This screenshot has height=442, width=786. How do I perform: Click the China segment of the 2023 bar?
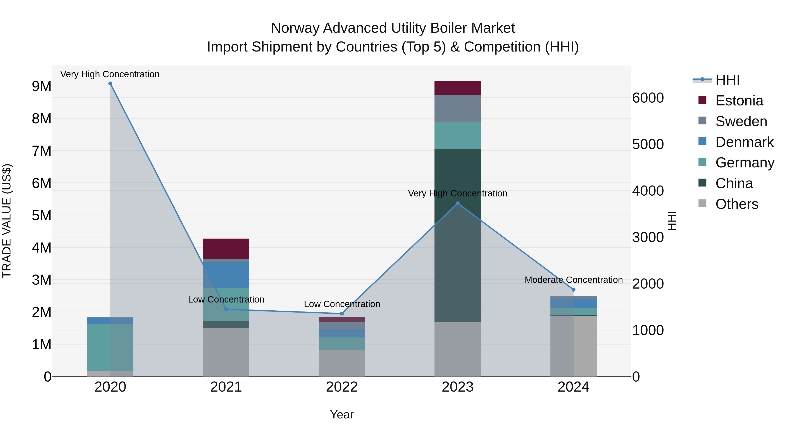coord(457,235)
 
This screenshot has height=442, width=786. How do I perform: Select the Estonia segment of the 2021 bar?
coord(226,248)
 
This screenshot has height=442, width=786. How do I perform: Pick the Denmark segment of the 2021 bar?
coord(226,275)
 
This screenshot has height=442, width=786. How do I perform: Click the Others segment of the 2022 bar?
coord(342,363)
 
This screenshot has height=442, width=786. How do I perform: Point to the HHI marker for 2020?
coord(110,84)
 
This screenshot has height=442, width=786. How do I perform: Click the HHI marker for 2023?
coord(457,203)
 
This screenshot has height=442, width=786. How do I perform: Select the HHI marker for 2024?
coord(573,289)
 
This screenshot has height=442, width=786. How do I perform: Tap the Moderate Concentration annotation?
coord(573,280)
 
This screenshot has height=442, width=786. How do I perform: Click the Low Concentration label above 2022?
coord(342,304)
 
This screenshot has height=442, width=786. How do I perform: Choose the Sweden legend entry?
coord(741,121)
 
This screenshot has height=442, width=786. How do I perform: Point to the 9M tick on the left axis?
coord(41,86)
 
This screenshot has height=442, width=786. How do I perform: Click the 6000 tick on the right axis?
coord(648,98)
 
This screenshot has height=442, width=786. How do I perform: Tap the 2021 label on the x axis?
coord(226,387)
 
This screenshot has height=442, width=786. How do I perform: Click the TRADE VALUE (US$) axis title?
coord(7,221)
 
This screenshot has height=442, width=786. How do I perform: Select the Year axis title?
coord(342,414)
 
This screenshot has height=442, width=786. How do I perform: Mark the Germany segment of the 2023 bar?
coord(457,135)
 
